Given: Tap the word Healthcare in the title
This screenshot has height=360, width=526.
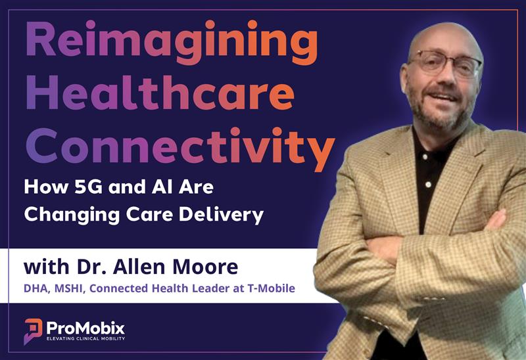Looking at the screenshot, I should [158, 94].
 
